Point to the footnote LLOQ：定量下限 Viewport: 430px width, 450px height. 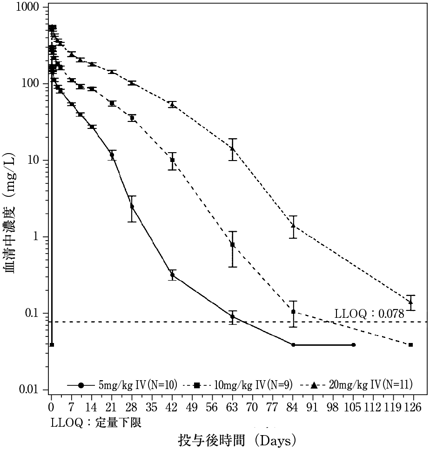(x=96, y=423)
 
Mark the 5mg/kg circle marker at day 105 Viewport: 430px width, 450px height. (x=354, y=345)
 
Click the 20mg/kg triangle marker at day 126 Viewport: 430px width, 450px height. (x=410, y=302)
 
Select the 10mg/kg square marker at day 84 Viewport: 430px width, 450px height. (x=293, y=312)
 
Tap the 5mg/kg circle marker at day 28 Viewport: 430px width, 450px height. (x=132, y=206)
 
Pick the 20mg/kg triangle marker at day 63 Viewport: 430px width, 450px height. (x=232, y=148)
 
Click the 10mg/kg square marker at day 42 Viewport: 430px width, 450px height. (x=172, y=160)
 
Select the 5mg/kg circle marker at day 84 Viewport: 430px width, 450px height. (x=293, y=345)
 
